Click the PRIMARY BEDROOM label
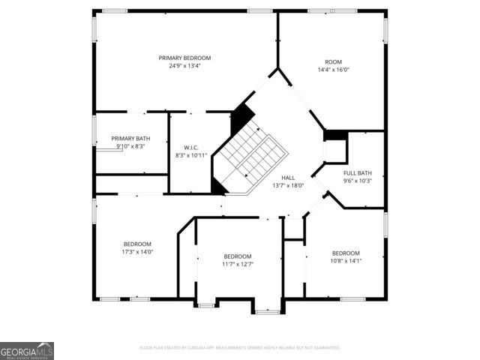tap(184, 58)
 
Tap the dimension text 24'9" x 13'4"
tap(184, 66)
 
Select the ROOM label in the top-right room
tap(333, 61)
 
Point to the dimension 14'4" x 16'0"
tap(333, 70)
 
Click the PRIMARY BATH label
tap(130, 138)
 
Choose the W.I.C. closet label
tap(190, 147)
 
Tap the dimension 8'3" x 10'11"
tap(190, 155)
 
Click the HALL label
tap(288, 177)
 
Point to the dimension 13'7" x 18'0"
tap(288, 185)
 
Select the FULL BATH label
tap(358, 172)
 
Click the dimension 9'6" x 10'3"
tap(358, 181)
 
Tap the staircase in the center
tap(251, 154)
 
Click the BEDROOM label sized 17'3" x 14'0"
tap(137, 244)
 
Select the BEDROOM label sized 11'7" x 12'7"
tap(238, 256)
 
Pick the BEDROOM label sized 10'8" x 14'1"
tap(346, 253)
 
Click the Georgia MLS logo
tap(27, 351)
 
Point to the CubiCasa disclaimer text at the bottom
tap(240, 348)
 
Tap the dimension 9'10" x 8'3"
tap(130, 146)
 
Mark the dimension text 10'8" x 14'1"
tap(346, 261)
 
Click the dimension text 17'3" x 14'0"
tap(137, 252)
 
